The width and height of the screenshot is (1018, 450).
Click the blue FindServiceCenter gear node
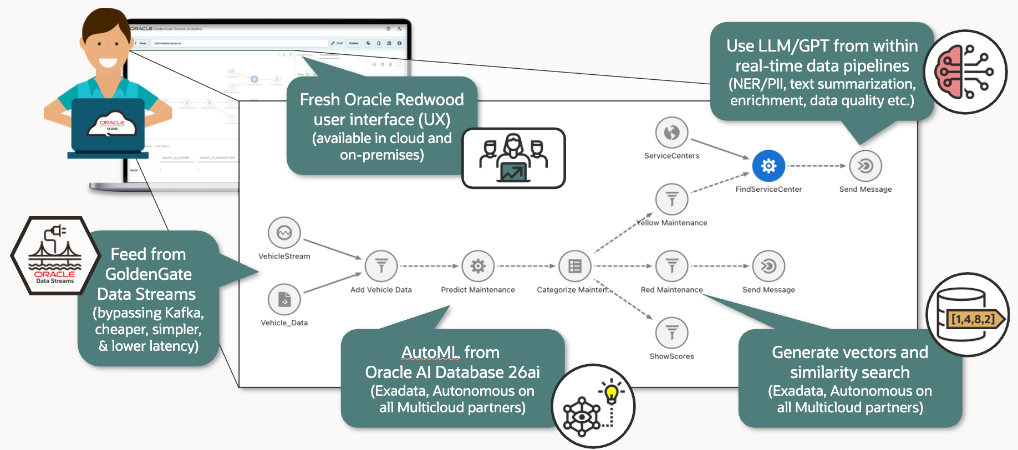768,166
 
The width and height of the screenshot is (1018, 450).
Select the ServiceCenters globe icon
671,132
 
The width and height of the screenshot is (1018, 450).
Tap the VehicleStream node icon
284,233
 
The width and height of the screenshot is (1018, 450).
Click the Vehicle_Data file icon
284,300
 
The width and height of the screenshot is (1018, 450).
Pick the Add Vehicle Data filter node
381,267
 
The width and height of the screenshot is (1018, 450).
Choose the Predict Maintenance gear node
478,267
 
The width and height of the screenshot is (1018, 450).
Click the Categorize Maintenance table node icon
574,267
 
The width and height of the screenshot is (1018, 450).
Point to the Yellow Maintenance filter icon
671,199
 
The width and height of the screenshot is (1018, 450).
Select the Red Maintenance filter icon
671,267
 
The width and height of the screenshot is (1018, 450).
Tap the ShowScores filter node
671,333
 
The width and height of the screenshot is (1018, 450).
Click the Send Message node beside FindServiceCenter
865,166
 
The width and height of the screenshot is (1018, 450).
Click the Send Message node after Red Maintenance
768,267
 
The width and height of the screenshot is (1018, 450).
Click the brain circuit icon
965,72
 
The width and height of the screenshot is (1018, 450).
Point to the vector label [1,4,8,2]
973,319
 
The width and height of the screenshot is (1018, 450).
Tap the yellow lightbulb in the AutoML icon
611,393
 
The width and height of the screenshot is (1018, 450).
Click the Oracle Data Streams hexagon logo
55,255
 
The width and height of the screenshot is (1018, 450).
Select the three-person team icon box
513,158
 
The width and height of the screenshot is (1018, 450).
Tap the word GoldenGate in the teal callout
149,274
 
